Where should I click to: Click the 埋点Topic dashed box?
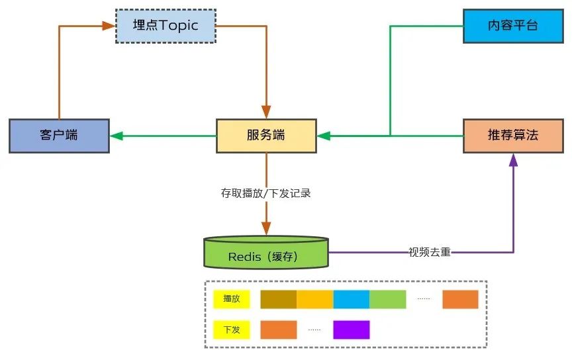coord(166,26)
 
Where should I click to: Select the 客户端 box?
coord(59,136)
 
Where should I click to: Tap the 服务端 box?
coord(266,136)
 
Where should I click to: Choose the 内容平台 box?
coord(513,26)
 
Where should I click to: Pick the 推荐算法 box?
coord(513,136)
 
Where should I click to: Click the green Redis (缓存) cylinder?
coord(266,252)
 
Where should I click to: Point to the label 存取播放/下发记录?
coord(265,193)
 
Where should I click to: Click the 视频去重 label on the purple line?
coord(430,252)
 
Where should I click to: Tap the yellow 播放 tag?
coord(232,299)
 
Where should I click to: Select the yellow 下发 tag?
coord(232,330)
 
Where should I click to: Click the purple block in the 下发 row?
coord(352,330)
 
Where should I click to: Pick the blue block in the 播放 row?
coord(352,299)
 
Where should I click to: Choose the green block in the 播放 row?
coord(388,299)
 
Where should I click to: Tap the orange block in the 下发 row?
coord(278,330)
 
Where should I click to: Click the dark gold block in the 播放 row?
coord(278,299)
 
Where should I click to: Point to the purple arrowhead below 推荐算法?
coord(513,160)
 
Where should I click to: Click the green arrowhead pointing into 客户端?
coord(117,136)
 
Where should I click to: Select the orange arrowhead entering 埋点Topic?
coord(109,26)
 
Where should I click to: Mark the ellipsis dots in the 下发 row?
coord(314,330)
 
